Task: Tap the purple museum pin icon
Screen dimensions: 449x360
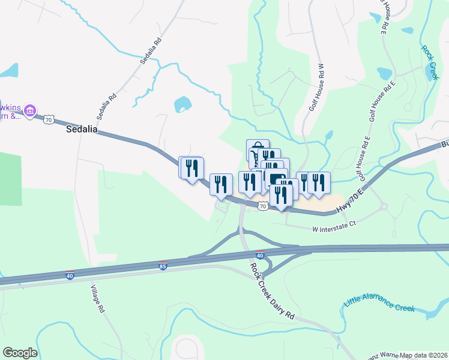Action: [x=31, y=110]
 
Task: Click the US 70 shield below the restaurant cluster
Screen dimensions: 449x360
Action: [x=262, y=206]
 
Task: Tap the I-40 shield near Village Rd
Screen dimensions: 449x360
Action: [x=70, y=275]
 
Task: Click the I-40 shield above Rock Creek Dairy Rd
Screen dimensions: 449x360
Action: [x=259, y=255]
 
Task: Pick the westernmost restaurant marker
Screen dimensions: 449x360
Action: [x=190, y=167]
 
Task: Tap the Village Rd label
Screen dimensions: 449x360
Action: [x=97, y=301]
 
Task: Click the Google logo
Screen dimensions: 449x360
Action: [x=20, y=353]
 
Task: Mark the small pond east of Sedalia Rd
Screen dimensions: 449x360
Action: [x=182, y=104]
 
